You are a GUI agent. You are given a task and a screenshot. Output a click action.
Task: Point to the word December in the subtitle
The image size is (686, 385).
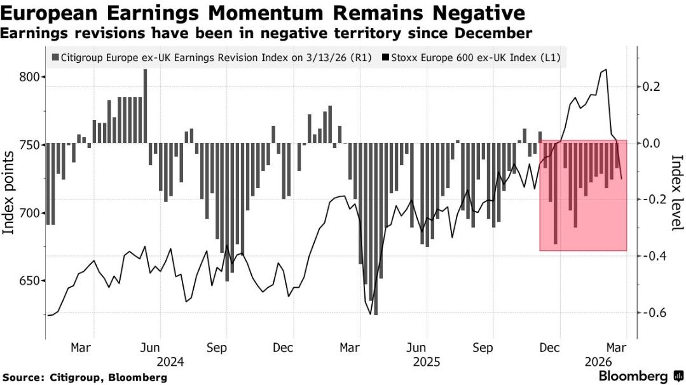pyautogui.click(x=495, y=32)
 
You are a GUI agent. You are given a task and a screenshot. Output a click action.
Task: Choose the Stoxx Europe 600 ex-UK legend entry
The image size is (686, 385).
pyautogui.click(x=474, y=58)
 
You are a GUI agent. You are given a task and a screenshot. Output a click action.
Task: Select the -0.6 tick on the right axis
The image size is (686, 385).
pyautogui.click(x=655, y=313)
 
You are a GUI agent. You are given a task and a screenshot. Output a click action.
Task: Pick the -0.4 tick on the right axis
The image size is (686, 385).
pyautogui.click(x=655, y=256)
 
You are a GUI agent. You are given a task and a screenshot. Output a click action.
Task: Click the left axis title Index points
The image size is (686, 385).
pyautogui.click(x=10, y=192)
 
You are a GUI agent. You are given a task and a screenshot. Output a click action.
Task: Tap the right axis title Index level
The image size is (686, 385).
pyautogui.click(x=676, y=192)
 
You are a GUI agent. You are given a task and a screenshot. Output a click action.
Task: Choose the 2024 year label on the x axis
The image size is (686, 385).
pyautogui.click(x=171, y=362)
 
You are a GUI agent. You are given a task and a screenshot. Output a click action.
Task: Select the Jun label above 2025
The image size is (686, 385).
pyautogui.click(x=416, y=348)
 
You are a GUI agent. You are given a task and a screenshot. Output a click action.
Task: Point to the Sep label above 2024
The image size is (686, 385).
pyautogui.click(x=217, y=348)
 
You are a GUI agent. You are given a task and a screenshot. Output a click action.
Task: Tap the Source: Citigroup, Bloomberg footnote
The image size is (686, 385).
pyautogui.click(x=84, y=377)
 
